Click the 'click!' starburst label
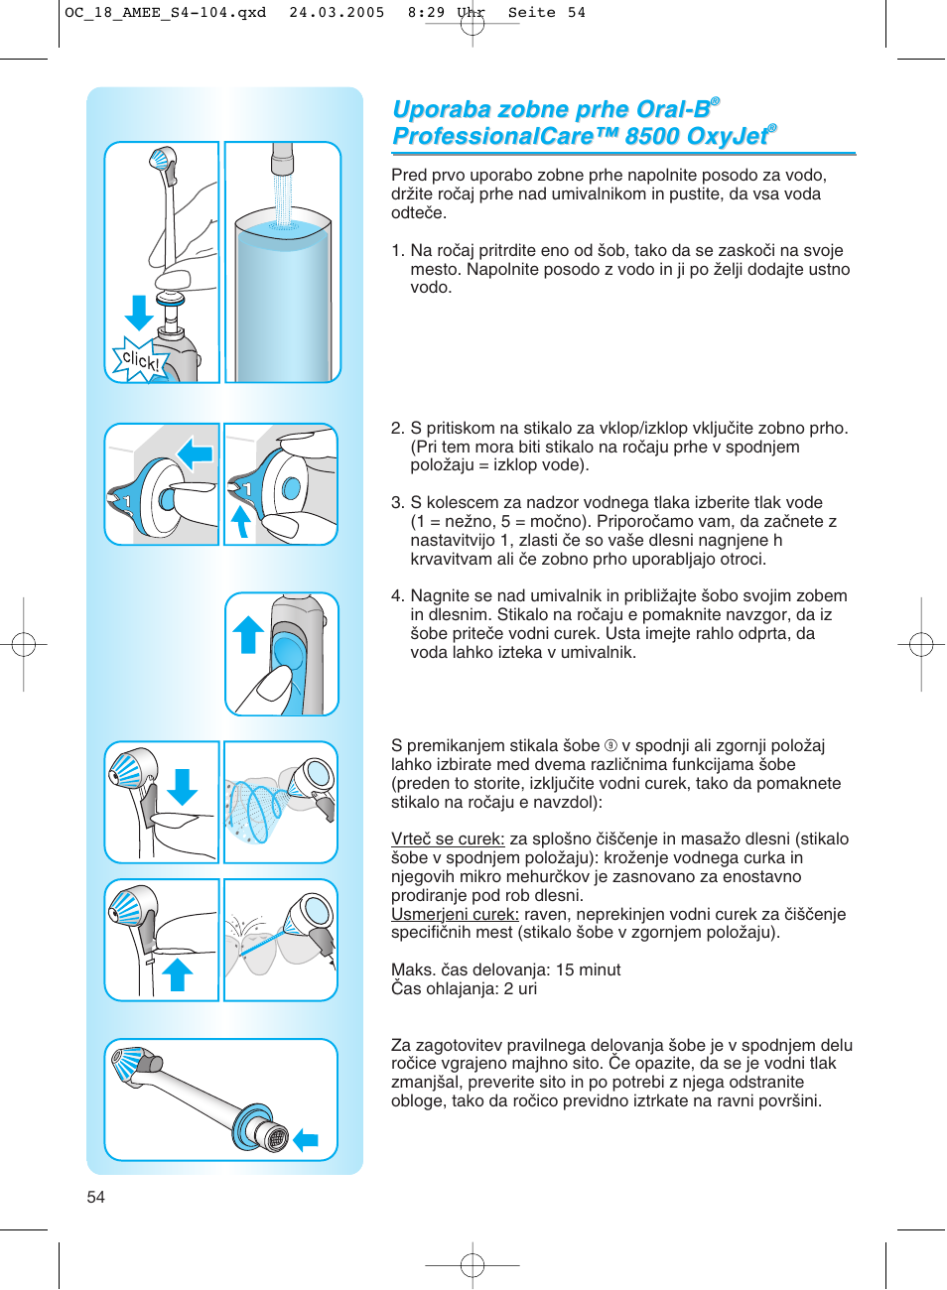pos(139,360)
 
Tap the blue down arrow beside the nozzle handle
pos(139,312)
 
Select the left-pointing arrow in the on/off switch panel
pos(196,454)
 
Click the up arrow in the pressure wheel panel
pos(240,521)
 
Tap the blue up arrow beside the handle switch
pos(248,635)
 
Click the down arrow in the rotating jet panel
pos(183,786)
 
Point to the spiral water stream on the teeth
pos(256,809)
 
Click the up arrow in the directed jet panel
pos(177,974)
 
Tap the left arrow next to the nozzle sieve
pos(306,1140)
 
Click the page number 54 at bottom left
pos(95,1197)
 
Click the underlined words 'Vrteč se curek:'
pos(448,839)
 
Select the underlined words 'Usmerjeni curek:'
pos(455,914)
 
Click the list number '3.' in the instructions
pos(397,503)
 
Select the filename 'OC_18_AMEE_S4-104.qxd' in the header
pos(166,13)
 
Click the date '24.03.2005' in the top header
pos(337,13)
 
